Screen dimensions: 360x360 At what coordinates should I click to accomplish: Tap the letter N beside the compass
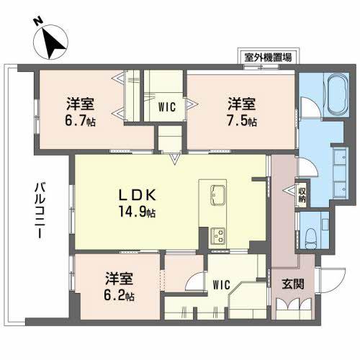pyautogui.click(x=37, y=22)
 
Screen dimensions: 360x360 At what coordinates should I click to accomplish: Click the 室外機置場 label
pyautogui.click(x=268, y=58)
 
